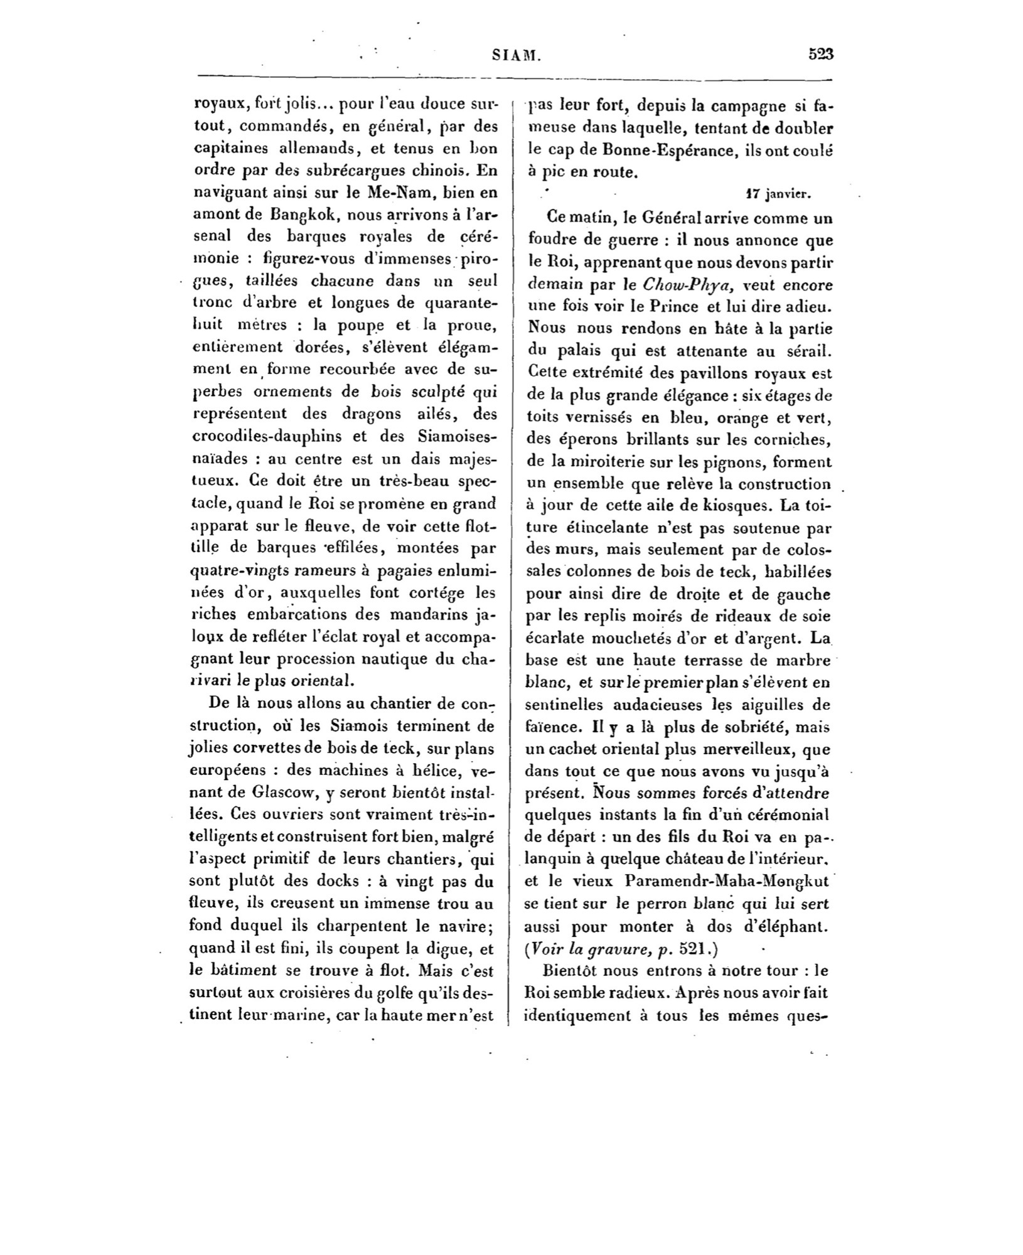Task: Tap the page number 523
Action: (820, 55)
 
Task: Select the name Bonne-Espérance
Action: (651, 151)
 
